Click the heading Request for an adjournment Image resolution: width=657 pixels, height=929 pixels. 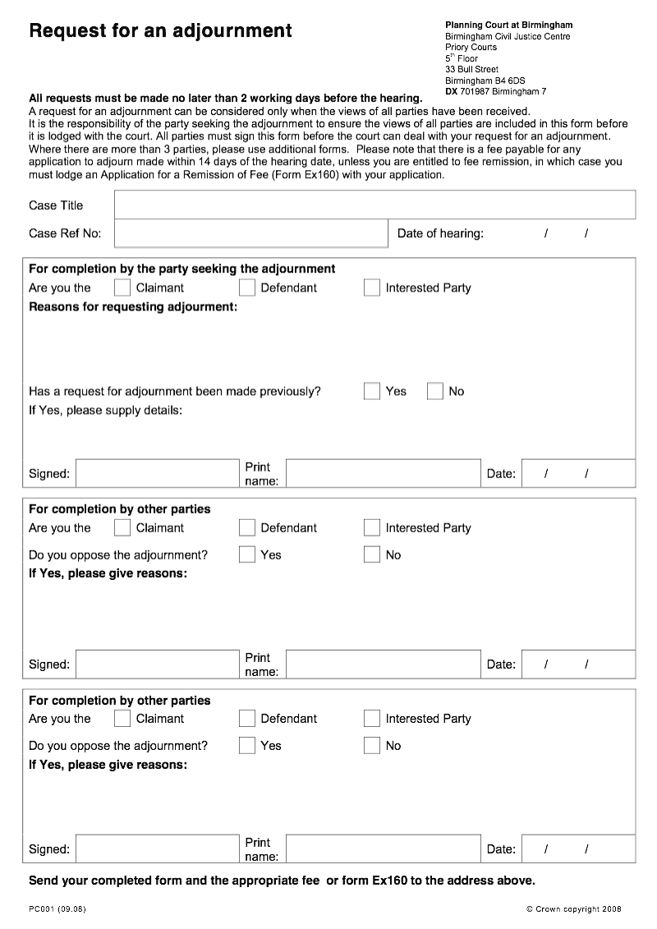point(160,31)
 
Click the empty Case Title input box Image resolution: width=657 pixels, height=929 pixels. point(374,205)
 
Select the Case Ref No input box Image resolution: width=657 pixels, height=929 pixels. point(250,233)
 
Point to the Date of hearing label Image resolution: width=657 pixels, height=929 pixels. point(440,233)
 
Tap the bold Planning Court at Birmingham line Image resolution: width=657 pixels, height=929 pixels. point(508,25)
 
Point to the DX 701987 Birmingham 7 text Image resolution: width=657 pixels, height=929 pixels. point(495,92)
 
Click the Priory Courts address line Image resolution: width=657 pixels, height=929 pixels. point(471,48)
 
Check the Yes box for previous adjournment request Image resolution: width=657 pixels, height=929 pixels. point(372,391)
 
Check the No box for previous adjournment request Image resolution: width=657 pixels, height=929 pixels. point(435,391)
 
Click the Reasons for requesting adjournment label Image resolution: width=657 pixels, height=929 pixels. point(133,307)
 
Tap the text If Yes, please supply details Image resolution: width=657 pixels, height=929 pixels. point(105,410)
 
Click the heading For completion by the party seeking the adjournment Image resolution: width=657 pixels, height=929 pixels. point(181,269)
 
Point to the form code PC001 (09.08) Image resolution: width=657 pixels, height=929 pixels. point(57,908)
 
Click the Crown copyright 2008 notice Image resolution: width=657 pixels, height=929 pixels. point(573,908)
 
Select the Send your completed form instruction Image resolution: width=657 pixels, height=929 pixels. point(282,881)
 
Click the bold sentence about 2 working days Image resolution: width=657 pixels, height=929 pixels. point(225,98)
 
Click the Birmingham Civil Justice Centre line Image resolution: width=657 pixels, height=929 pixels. point(507,36)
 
